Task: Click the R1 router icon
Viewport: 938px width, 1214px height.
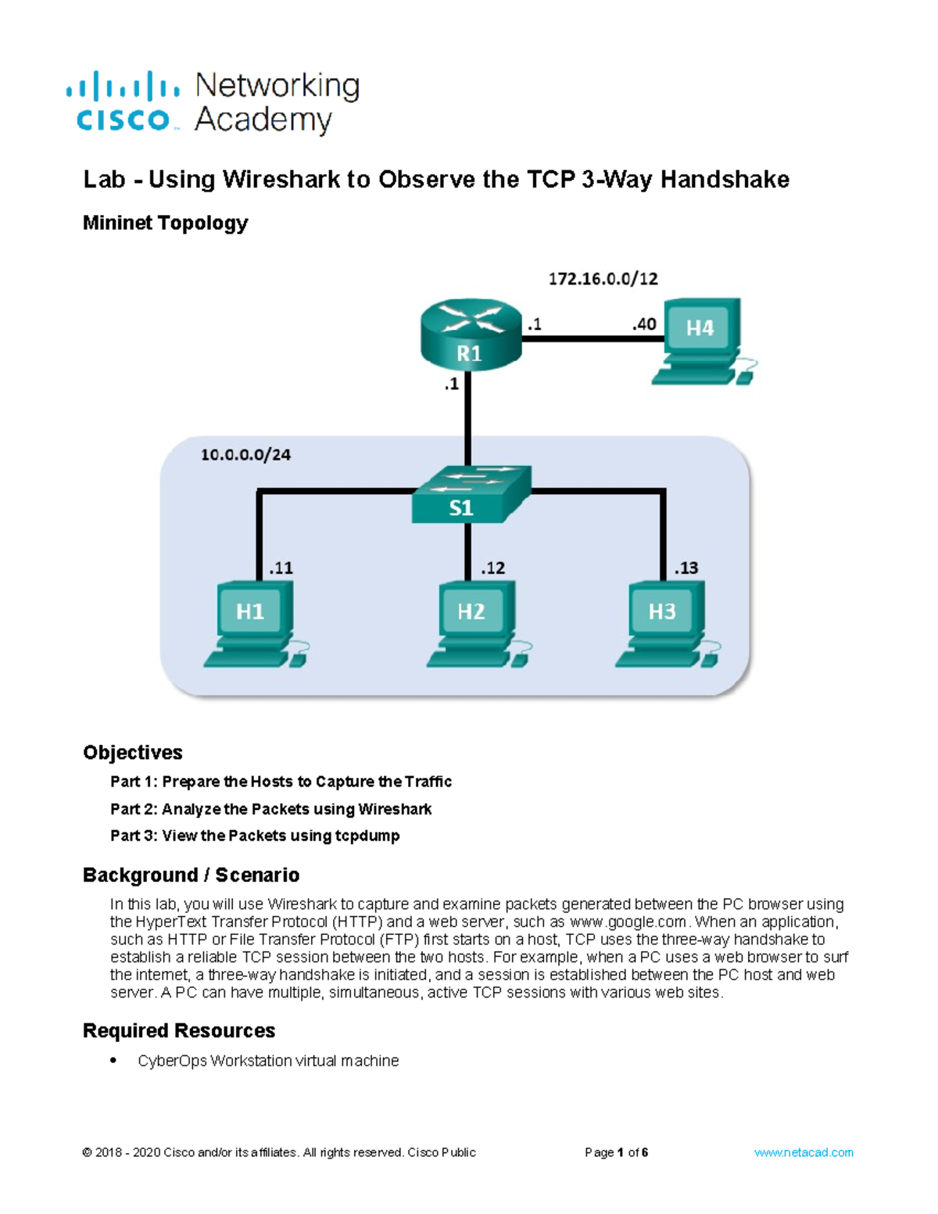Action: (471, 334)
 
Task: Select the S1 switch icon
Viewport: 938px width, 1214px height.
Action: (471, 495)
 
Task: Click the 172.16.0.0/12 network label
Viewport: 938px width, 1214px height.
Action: (603, 278)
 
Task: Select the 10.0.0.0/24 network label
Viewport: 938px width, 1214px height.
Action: (245, 454)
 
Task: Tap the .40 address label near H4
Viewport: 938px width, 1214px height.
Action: (644, 324)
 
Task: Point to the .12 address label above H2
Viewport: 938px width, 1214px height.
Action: (492, 568)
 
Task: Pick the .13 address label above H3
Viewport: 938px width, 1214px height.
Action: (686, 568)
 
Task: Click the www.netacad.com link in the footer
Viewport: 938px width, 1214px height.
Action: (804, 1152)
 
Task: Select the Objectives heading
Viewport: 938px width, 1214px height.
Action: (132, 752)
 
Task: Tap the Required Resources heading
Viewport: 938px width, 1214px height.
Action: (179, 1030)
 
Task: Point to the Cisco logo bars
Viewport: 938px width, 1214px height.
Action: (123, 86)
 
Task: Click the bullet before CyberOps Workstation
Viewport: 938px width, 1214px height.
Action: (114, 1060)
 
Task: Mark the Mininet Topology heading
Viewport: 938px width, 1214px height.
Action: (165, 223)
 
